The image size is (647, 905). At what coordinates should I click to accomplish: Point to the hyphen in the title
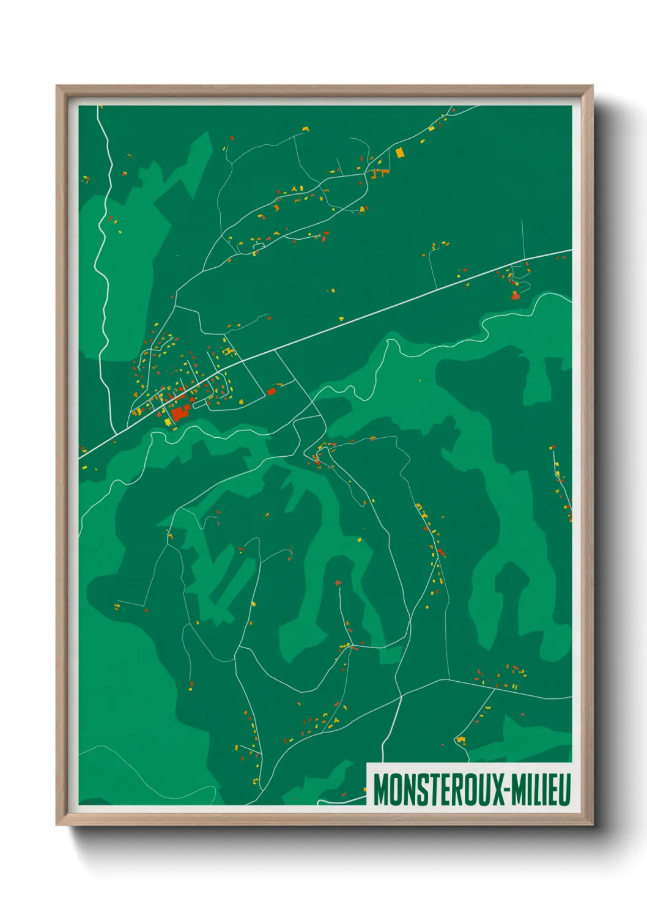508,790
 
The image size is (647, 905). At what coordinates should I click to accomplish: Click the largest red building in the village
179,413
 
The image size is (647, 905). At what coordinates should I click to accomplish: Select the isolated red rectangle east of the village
272,391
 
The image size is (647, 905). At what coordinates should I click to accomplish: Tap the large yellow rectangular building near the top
400,152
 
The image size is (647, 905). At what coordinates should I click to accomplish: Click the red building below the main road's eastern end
515,296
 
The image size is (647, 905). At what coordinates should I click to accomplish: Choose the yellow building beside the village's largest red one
168,421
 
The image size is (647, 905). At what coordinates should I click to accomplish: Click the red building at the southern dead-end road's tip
338,583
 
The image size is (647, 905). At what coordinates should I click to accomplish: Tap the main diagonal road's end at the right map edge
571,250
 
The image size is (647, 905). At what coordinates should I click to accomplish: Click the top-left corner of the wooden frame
57,86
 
